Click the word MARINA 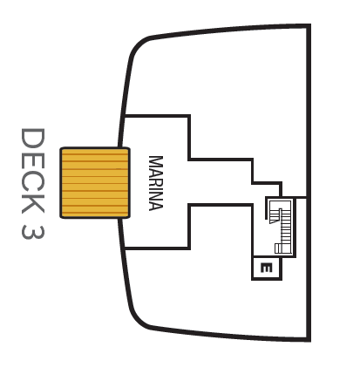pos(156,183)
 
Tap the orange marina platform pos(95,183)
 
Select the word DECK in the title pos(33,171)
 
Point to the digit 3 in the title pos(33,232)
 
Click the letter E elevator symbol pos(267,268)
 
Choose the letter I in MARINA pos(156,187)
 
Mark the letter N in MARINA pos(156,194)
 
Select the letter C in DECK pos(33,180)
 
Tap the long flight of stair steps pos(286,228)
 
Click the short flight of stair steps pos(274,216)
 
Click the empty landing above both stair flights pos(280,205)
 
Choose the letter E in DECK pos(33,160)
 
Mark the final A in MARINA pos(156,205)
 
